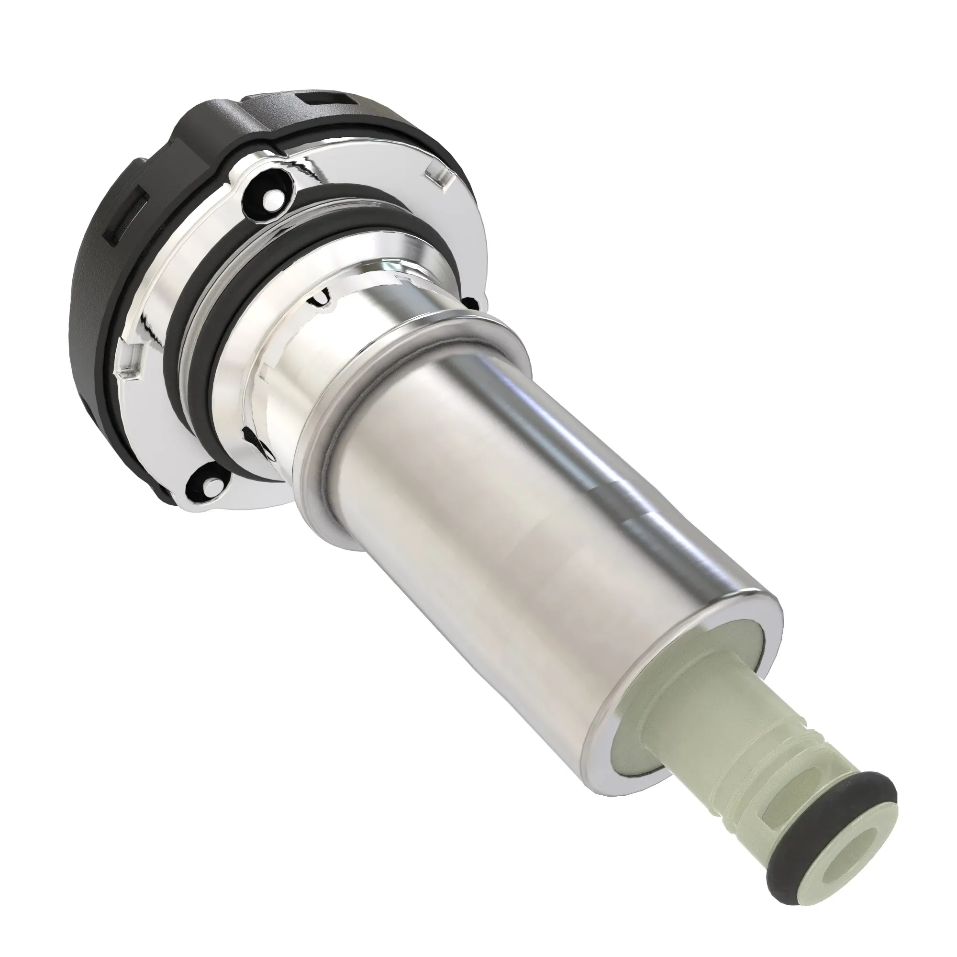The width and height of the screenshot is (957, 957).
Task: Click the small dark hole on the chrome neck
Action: coord(320,298)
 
